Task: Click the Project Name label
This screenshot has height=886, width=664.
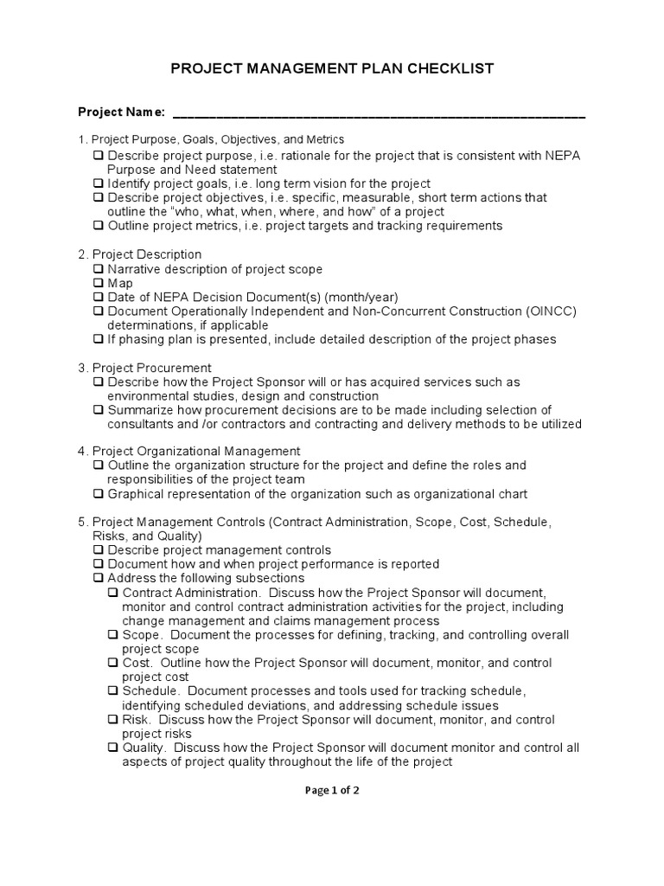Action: (x=121, y=112)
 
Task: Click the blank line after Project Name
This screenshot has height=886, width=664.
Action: (x=379, y=114)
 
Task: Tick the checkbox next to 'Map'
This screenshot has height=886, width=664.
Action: (x=99, y=283)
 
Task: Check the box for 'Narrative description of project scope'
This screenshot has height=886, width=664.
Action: (x=99, y=269)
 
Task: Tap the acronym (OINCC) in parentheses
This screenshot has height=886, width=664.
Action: (x=551, y=311)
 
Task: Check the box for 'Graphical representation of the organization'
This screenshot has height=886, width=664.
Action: (x=99, y=494)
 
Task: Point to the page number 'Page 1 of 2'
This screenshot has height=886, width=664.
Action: (x=332, y=790)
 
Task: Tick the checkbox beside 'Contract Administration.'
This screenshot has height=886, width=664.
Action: (x=113, y=593)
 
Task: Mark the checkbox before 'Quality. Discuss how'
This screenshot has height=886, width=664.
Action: (x=113, y=748)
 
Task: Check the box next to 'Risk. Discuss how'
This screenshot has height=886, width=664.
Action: (x=113, y=720)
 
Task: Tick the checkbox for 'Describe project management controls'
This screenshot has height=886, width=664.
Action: (x=99, y=549)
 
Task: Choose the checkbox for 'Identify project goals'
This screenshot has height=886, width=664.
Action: (x=99, y=183)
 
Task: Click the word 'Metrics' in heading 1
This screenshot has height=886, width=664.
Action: (x=324, y=138)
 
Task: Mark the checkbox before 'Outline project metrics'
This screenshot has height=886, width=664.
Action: (x=99, y=226)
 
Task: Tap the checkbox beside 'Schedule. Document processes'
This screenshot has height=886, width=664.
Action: (x=113, y=691)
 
